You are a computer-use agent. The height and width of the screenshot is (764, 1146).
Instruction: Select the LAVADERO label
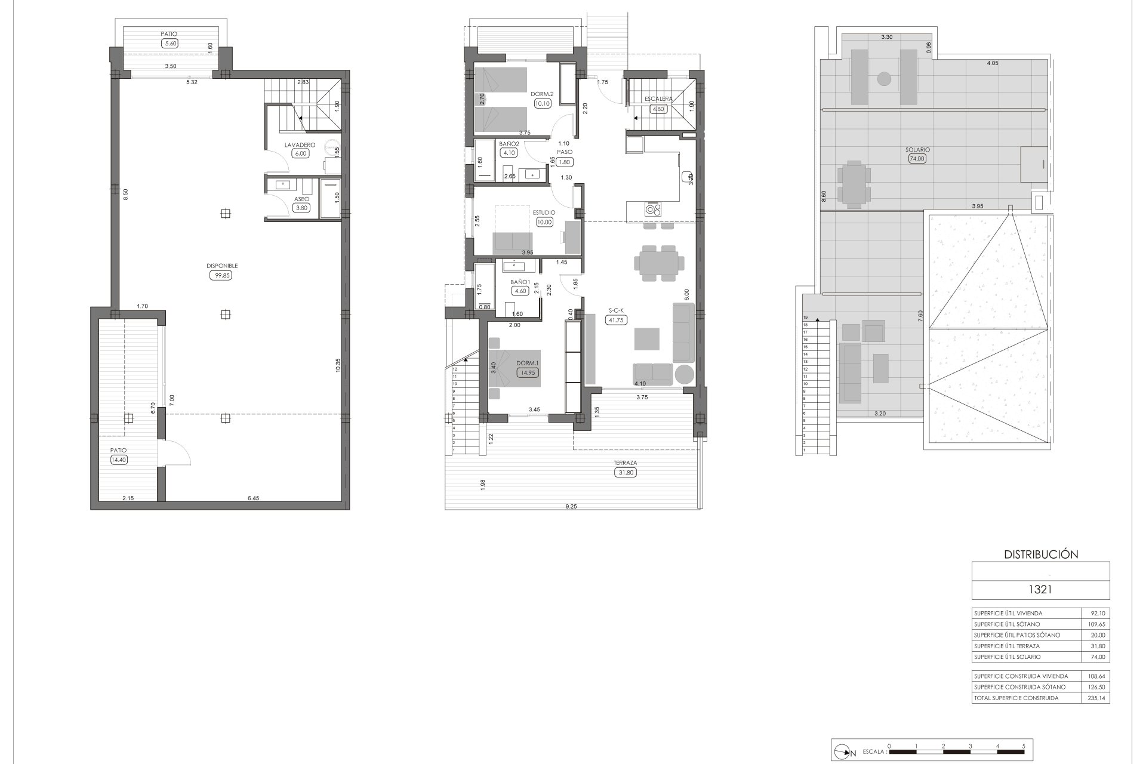click(x=299, y=144)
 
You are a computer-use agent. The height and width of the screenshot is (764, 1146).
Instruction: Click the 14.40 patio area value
click(x=118, y=460)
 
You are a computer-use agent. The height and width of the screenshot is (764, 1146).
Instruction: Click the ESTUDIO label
click(x=544, y=212)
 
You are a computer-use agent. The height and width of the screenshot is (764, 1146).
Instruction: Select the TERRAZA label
click(x=625, y=463)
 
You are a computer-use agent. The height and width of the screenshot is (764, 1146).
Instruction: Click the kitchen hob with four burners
click(x=653, y=209)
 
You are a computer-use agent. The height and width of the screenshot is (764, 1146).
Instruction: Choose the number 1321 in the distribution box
click(x=1040, y=590)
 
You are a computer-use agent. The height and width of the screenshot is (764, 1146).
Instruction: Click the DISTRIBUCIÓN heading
click(x=1041, y=554)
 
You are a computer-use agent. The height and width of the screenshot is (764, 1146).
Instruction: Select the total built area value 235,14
click(x=1095, y=698)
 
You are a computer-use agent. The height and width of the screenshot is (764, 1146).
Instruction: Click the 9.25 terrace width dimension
click(x=571, y=506)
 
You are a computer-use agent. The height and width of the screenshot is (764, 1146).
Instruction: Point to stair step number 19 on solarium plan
click(x=805, y=318)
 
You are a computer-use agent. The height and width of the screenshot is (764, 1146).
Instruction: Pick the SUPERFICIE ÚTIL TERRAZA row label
click(x=1006, y=646)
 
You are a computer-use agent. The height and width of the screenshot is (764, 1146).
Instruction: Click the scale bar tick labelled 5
click(x=1024, y=746)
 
